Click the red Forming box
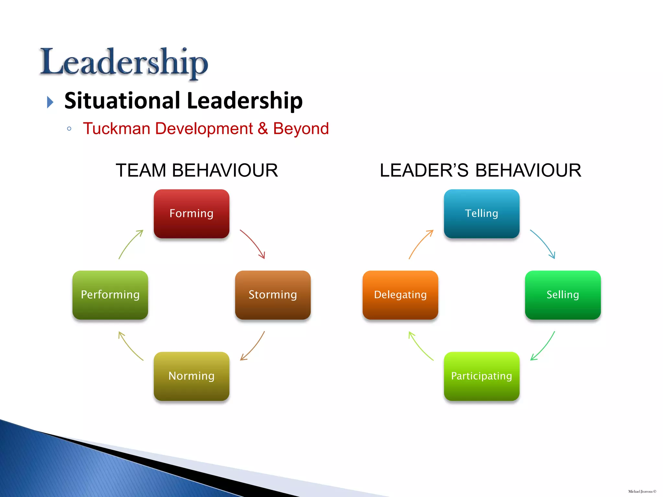191,214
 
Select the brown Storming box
273,295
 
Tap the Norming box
191,376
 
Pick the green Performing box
110,295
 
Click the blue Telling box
481,214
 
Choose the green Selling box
563,295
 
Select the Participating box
481,376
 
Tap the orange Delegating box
400,295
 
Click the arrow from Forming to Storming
253,243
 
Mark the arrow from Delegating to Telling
420,243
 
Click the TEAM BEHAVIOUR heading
197,170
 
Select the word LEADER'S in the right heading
424,170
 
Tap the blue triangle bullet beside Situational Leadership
50,102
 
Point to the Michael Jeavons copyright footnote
642,491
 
